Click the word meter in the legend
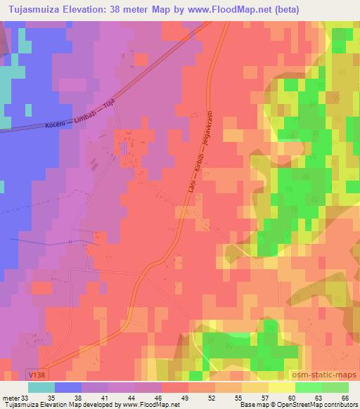click(x=10, y=397)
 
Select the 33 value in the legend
click(x=25, y=397)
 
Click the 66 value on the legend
click(x=344, y=397)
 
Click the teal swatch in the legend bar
click(x=41, y=387)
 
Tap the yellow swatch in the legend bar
click(x=281, y=387)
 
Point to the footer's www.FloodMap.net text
click(x=147, y=405)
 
